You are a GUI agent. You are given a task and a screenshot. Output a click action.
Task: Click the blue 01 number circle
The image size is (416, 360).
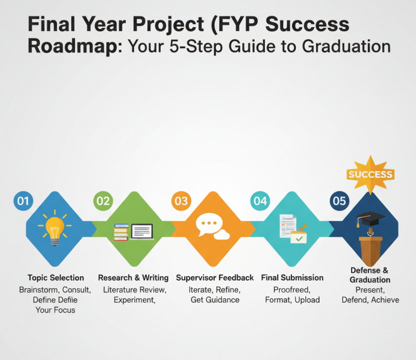click(23, 201)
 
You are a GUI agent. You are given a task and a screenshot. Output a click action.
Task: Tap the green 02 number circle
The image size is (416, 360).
click(103, 201)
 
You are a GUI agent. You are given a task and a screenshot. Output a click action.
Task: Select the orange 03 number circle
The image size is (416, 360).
click(181, 201)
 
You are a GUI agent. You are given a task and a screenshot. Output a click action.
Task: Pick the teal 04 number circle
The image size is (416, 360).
click(261, 201)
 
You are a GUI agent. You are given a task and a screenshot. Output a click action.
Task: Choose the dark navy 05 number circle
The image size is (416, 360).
click(339, 201)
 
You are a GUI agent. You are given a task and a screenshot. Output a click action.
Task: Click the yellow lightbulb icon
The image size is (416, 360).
click(55, 228)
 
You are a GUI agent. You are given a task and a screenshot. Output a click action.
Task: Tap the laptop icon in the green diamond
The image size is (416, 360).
click(142, 232)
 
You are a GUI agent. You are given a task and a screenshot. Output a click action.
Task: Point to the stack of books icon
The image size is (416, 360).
click(121, 232)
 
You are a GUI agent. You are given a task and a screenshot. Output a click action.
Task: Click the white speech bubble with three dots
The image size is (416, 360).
click(209, 224)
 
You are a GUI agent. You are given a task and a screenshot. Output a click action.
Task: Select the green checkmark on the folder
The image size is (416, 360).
click(299, 239)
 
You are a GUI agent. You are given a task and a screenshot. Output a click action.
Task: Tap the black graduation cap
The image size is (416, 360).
click(370, 218)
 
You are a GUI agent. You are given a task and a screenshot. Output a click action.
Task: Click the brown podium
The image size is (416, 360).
click(371, 251)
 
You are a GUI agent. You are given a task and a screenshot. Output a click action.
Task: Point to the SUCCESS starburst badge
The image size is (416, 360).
click(371, 175)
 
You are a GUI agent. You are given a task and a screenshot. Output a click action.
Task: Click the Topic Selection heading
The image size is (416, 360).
click(56, 278)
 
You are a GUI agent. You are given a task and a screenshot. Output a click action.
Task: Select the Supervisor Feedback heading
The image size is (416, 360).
click(215, 278)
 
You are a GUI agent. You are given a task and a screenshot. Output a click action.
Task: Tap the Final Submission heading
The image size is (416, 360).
click(292, 278)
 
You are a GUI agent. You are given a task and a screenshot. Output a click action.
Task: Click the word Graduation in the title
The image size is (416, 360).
click(346, 46)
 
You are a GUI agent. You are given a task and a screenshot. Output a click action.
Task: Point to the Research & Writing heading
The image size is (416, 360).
click(133, 278)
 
